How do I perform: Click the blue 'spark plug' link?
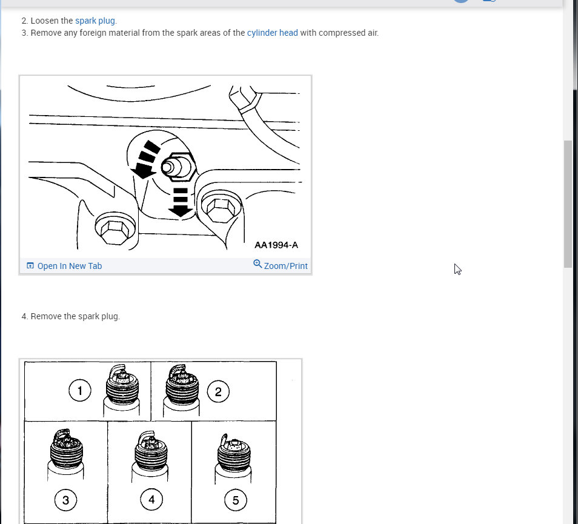(x=95, y=21)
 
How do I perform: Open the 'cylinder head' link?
(x=273, y=33)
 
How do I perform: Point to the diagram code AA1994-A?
(x=276, y=245)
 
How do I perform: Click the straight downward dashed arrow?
(x=181, y=202)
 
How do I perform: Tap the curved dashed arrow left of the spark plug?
(x=145, y=159)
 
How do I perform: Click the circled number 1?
(x=79, y=390)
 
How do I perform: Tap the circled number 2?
(x=218, y=391)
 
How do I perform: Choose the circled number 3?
(x=65, y=500)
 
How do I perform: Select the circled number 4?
(x=151, y=500)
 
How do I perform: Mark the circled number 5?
(x=236, y=500)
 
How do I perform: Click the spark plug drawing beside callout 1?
(x=122, y=391)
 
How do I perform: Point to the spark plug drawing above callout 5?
(x=233, y=459)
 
